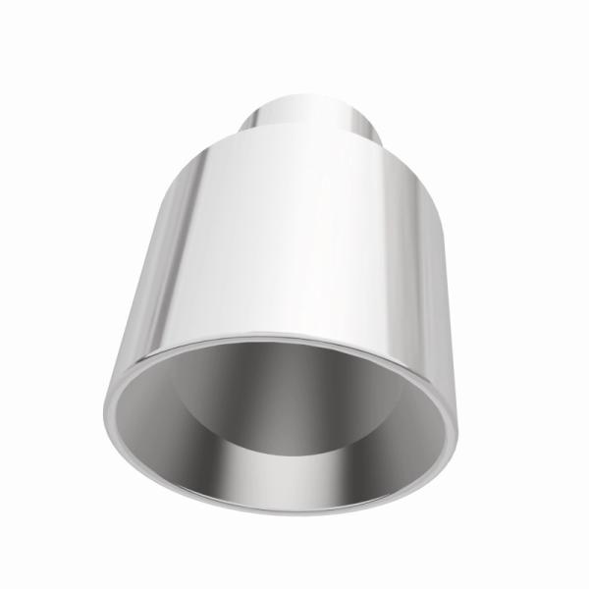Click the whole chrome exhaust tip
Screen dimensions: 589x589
[294, 294]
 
